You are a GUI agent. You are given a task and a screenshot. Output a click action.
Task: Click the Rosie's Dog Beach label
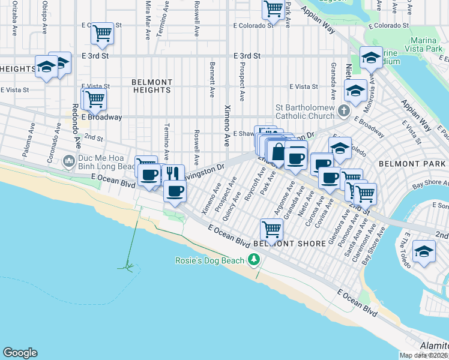click(209, 260)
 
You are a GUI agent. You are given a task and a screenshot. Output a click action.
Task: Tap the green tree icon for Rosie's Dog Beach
click(255, 259)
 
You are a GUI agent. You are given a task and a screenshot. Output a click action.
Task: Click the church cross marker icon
click(343, 110)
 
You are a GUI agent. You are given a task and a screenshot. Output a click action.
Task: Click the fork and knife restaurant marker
click(173, 173)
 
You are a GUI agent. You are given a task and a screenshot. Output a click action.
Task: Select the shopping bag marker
click(278, 152)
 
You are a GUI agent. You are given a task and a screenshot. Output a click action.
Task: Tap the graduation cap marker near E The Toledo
click(424, 251)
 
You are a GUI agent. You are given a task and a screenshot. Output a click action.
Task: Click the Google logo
click(20, 353)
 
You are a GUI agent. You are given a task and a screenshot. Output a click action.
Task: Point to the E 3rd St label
click(247, 56)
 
